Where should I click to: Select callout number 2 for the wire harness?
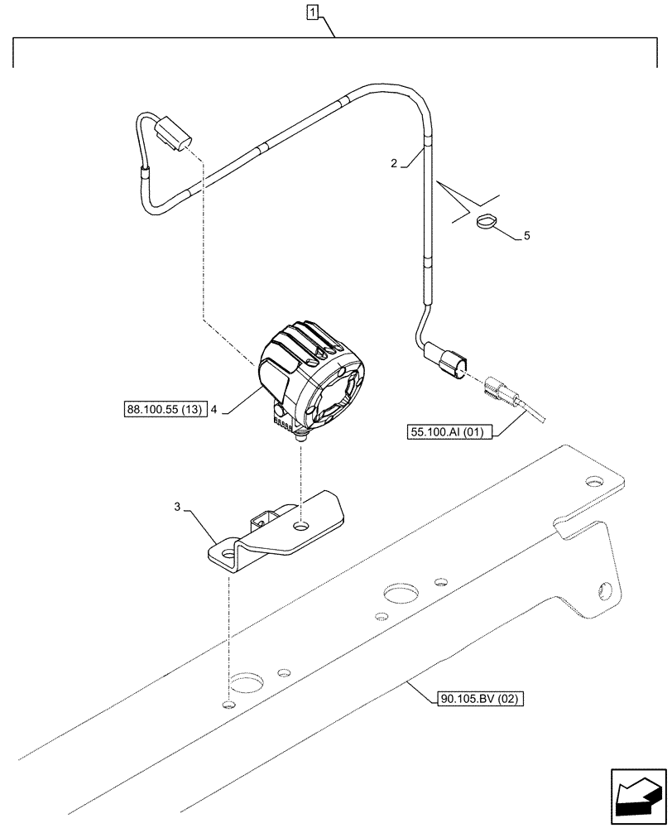click(x=394, y=164)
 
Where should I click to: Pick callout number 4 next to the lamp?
click(x=214, y=409)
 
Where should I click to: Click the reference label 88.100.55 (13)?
click(x=165, y=409)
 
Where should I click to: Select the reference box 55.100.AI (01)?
click(x=449, y=431)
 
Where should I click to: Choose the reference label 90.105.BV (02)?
click(x=479, y=699)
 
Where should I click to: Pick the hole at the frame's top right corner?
click(x=593, y=481)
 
